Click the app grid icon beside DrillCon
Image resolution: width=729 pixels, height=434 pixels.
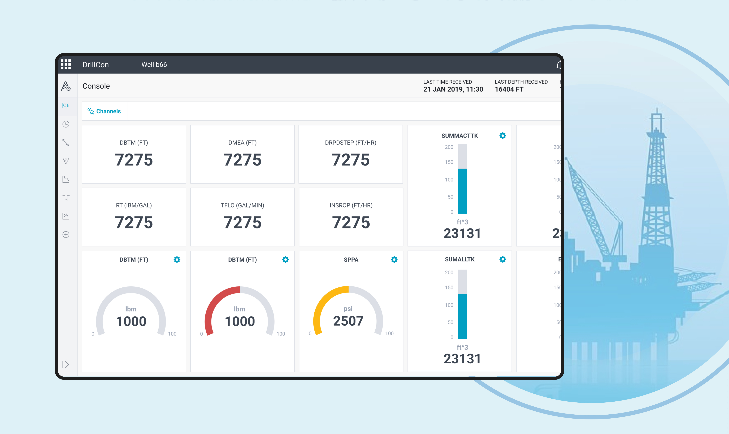click(x=66, y=64)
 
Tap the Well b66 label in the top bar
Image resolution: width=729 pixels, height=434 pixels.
click(x=154, y=65)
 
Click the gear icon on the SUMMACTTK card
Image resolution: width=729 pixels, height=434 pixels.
click(x=503, y=136)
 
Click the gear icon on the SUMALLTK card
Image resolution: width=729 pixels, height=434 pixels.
click(x=503, y=259)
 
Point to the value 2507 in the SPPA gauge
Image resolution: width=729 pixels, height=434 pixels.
click(x=348, y=321)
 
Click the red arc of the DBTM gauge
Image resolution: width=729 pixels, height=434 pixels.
click(x=213, y=304)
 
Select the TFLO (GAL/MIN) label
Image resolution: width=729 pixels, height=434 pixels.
click(x=242, y=205)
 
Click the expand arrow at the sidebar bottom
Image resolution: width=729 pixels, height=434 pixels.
click(x=66, y=364)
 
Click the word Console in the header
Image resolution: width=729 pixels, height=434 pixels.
click(x=96, y=86)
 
